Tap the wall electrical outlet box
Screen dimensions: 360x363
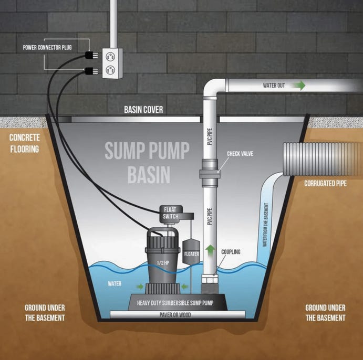click(x=111, y=63)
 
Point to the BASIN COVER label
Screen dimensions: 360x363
click(x=143, y=110)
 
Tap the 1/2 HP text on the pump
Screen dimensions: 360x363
click(x=163, y=261)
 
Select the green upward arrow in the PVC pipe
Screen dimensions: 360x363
click(x=210, y=250)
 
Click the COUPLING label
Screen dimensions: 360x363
click(x=231, y=252)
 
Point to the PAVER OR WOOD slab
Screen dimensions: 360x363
click(x=178, y=315)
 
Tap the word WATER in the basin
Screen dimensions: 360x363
click(x=115, y=284)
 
